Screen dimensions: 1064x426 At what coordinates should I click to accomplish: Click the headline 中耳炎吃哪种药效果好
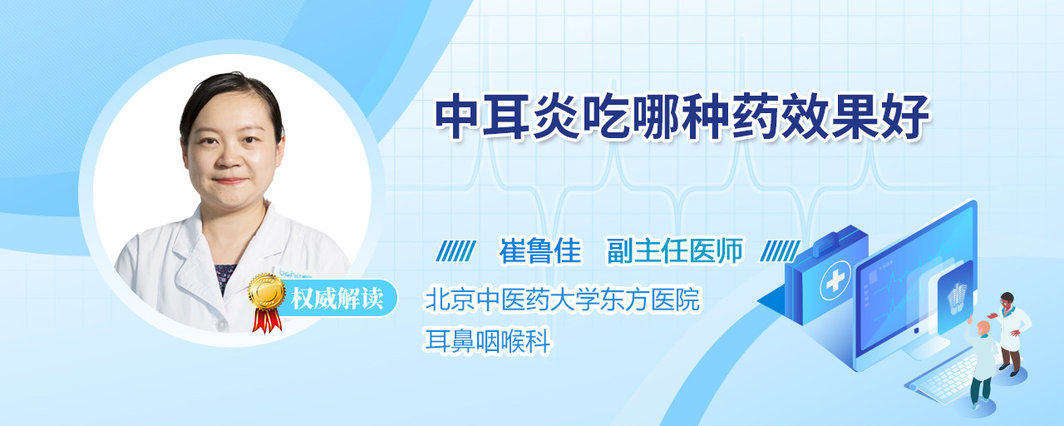pyautogui.click(x=682, y=117)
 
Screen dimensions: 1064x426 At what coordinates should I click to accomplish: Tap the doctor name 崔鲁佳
pyautogui.click(x=540, y=250)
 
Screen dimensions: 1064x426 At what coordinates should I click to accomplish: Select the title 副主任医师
pyautogui.click(x=675, y=250)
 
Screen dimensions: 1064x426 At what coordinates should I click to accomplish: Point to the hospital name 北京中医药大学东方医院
pyautogui.click(x=563, y=299)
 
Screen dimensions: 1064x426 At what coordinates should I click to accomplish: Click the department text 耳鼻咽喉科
pyautogui.click(x=487, y=341)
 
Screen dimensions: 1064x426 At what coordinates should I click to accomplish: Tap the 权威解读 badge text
pyautogui.click(x=337, y=299)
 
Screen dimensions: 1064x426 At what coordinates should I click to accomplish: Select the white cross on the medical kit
pyautogui.click(x=835, y=280)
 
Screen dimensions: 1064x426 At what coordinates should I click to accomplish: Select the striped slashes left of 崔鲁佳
pyautogui.click(x=456, y=251)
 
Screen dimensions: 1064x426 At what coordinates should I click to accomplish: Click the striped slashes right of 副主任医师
pyautogui.click(x=780, y=251)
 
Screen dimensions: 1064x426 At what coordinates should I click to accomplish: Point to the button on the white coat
pyautogui.click(x=221, y=324)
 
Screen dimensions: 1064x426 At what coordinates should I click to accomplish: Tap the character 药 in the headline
pyautogui.click(x=756, y=117)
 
